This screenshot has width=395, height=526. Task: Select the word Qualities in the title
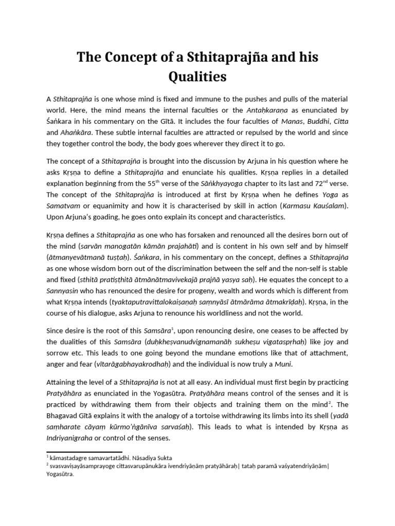tap(197, 77)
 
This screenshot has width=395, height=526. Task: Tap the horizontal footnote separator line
tap(77, 452)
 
